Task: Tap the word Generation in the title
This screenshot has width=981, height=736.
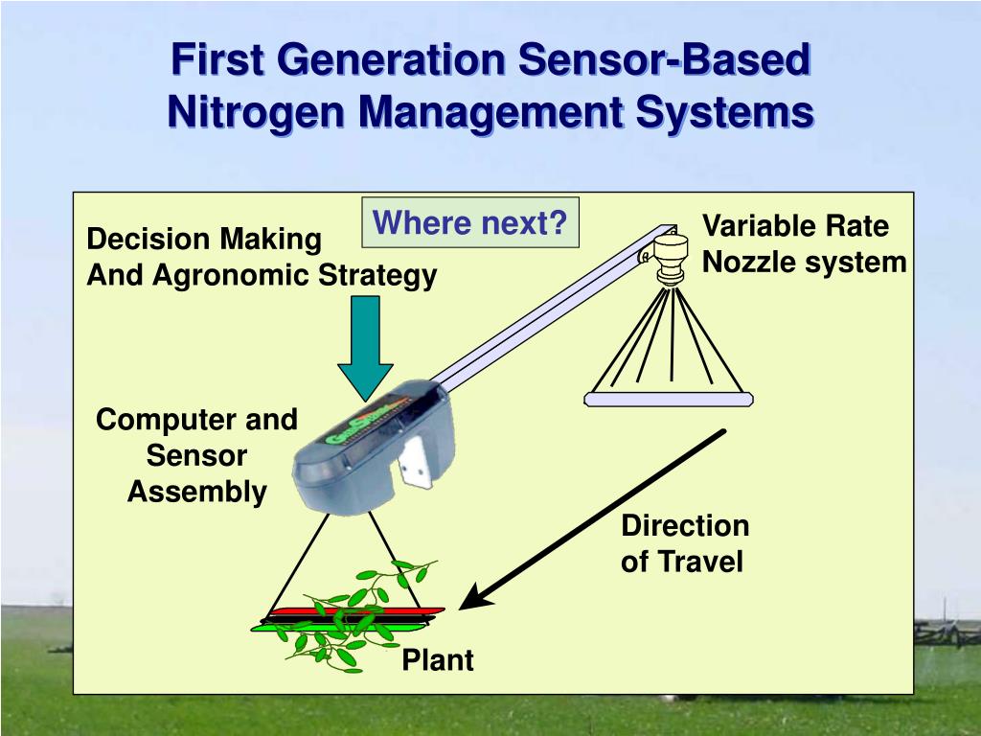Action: (389, 59)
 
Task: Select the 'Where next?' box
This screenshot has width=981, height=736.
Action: (469, 223)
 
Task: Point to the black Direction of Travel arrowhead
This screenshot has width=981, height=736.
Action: (474, 597)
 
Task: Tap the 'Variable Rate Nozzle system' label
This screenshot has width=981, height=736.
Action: (803, 244)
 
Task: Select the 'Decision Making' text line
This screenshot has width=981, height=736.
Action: (204, 240)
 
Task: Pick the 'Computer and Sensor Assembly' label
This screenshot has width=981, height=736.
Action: (197, 455)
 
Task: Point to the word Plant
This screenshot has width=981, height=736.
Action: (437, 660)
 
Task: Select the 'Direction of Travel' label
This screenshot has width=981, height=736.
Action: (684, 543)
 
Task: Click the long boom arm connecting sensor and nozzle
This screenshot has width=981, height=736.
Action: (546, 308)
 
